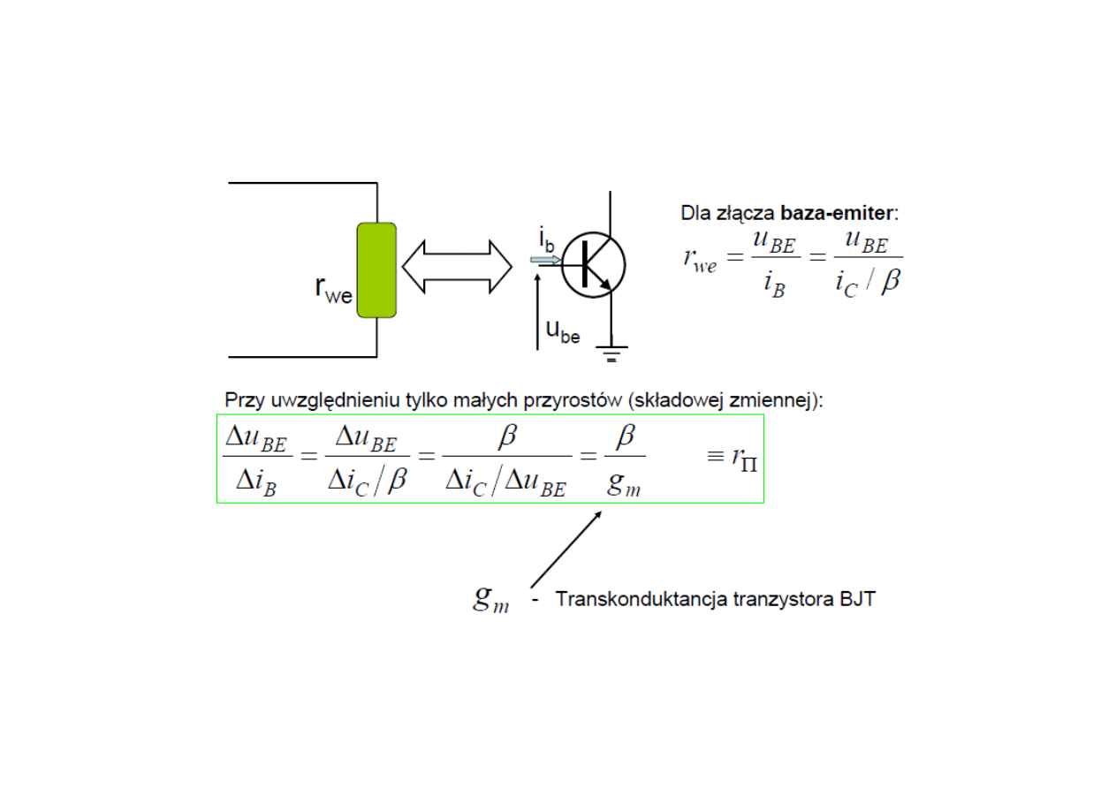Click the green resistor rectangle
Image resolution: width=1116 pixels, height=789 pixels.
376,270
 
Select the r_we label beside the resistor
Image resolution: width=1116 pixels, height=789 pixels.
333,290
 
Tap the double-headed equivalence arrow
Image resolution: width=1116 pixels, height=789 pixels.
457,265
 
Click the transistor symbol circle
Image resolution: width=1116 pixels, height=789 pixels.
593,264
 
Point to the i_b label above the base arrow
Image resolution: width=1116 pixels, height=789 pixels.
547,239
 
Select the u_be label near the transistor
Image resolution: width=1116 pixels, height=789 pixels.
563,331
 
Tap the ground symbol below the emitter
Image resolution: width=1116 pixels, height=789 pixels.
611,354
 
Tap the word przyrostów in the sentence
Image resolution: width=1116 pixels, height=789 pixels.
578,399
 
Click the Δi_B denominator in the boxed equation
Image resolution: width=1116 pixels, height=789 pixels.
256,482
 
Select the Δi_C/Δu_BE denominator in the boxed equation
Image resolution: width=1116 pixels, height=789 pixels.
505,482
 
